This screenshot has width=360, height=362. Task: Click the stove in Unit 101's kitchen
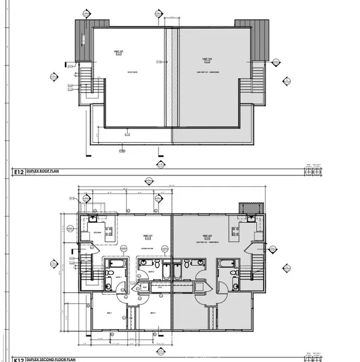(x=109, y=229)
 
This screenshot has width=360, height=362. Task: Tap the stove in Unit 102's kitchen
(x=236, y=229)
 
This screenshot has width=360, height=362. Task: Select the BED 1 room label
(x=109, y=313)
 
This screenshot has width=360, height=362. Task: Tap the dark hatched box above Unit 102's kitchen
(x=246, y=208)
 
